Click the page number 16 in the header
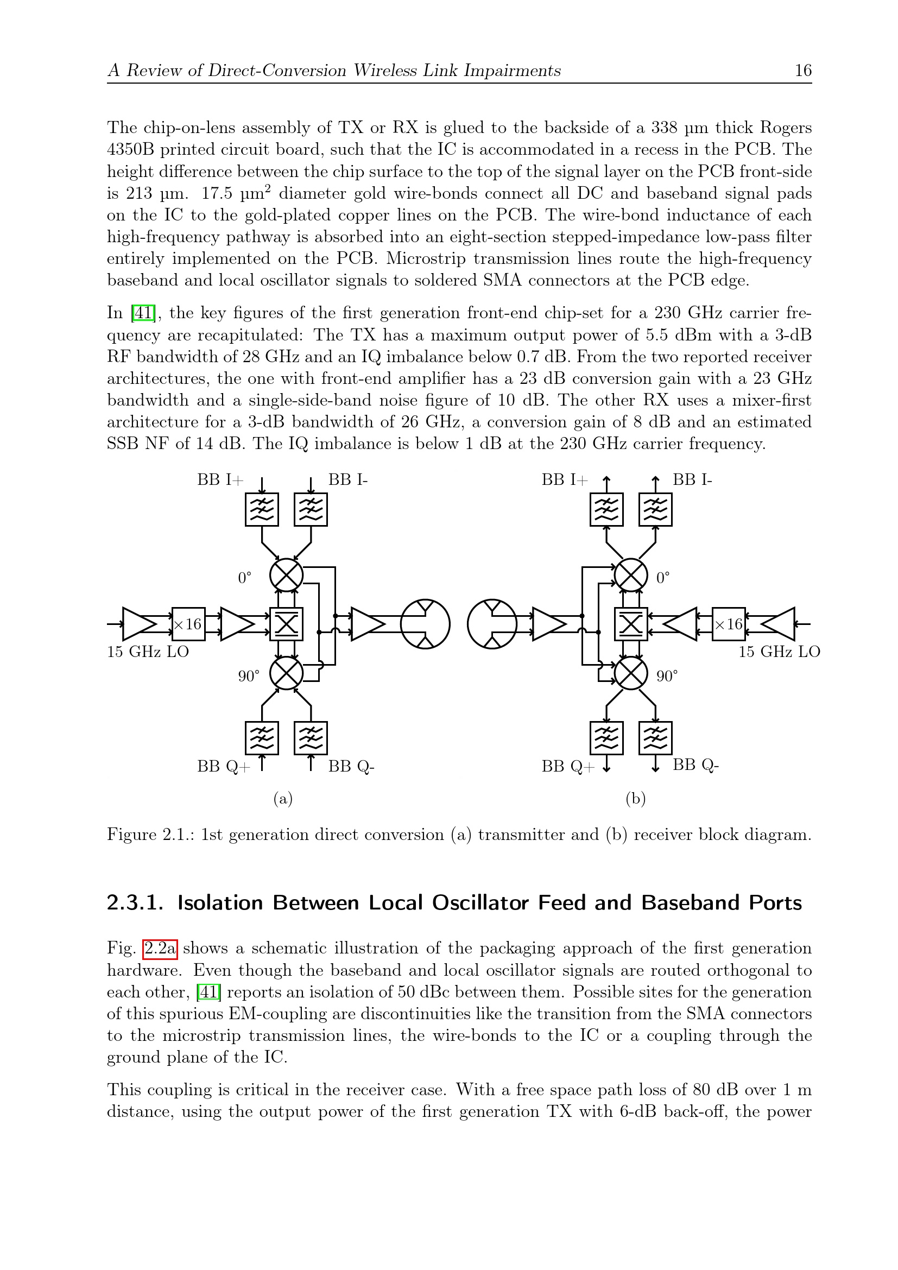[803, 70]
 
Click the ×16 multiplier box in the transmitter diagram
[188, 624]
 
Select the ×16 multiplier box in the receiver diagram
[728, 624]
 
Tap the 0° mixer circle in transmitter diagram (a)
[287, 575]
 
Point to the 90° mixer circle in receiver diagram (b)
[631, 673]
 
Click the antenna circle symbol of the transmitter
[425, 624]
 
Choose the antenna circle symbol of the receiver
[492, 624]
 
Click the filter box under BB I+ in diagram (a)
[262, 509]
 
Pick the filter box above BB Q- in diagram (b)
[655, 738]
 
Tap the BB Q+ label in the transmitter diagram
[223, 766]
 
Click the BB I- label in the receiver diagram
[692, 479]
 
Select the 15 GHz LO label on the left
[148, 652]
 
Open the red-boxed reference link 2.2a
[160, 948]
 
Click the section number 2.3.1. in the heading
[135, 903]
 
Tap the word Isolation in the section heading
[219, 903]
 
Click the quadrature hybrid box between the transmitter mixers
[287, 624]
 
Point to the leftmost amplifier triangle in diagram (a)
[138, 624]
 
